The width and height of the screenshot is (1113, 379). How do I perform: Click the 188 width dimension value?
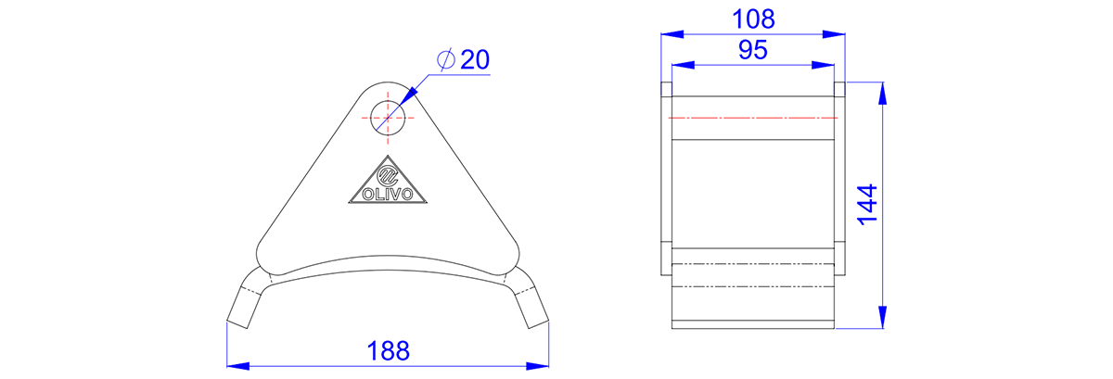(388, 350)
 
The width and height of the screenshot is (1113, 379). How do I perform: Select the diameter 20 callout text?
(463, 59)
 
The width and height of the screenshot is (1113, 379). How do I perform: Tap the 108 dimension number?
(753, 19)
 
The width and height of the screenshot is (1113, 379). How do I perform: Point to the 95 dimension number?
(753, 50)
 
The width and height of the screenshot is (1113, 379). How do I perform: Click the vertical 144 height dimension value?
(867, 205)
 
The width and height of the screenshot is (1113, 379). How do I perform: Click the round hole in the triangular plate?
(388, 118)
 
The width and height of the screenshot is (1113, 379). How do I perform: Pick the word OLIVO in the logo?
(388, 194)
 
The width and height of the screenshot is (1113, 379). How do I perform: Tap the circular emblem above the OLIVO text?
(388, 175)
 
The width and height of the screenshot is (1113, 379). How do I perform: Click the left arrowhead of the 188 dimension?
(238, 366)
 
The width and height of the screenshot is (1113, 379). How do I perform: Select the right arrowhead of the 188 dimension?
(538, 366)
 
